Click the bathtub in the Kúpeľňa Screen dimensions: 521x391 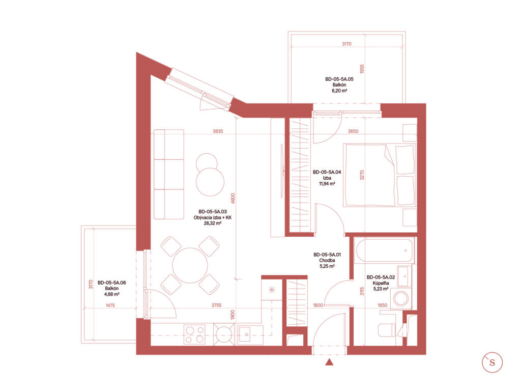pos(384,250)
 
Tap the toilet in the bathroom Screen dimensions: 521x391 pos(387,330)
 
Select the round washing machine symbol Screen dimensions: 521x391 pos(401,298)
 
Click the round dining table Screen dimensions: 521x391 pos(190,265)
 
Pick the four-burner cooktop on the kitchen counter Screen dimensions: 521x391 pos(194,334)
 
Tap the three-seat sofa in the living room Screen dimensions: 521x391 pos(169,175)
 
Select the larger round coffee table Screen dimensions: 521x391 pos(210,182)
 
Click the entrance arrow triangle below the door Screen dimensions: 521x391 pos(329,362)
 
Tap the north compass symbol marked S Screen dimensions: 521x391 pos(492,362)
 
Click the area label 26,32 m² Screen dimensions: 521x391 pos(213,224)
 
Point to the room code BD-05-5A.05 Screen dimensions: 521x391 pos(339,79)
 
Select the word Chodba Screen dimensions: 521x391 pos(327,260)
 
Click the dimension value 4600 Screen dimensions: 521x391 pos(233,199)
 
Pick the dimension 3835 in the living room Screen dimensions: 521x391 pos(218,131)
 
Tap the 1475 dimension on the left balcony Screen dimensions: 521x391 pos(110,305)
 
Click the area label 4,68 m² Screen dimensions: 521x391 pos(111,294)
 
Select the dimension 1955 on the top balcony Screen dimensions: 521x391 pos(362,69)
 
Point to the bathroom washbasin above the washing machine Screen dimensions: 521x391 pos(404,276)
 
